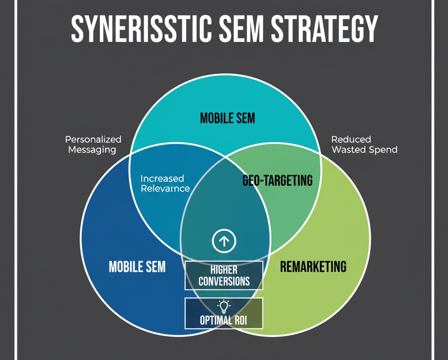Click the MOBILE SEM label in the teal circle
pyautogui.click(x=227, y=118)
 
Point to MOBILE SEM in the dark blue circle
pyautogui.click(x=137, y=266)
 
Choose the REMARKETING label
pyautogui.click(x=313, y=266)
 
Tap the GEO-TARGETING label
pyautogui.click(x=277, y=181)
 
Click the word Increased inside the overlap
pyautogui.click(x=162, y=179)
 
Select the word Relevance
pyautogui.click(x=165, y=188)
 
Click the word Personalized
pyautogui.click(x=93, y=140)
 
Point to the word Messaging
pyautogui.click(x=92, y=150)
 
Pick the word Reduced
pyautogui.click(x=351, y=140)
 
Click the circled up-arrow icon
pyautogui.click(x=224, y=240)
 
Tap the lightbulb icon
pyautogui.click(x=224, y=306)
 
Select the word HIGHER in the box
pyautogui.click(x=224, y=270)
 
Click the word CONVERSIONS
pyautogui.click(x=224, y=281)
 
